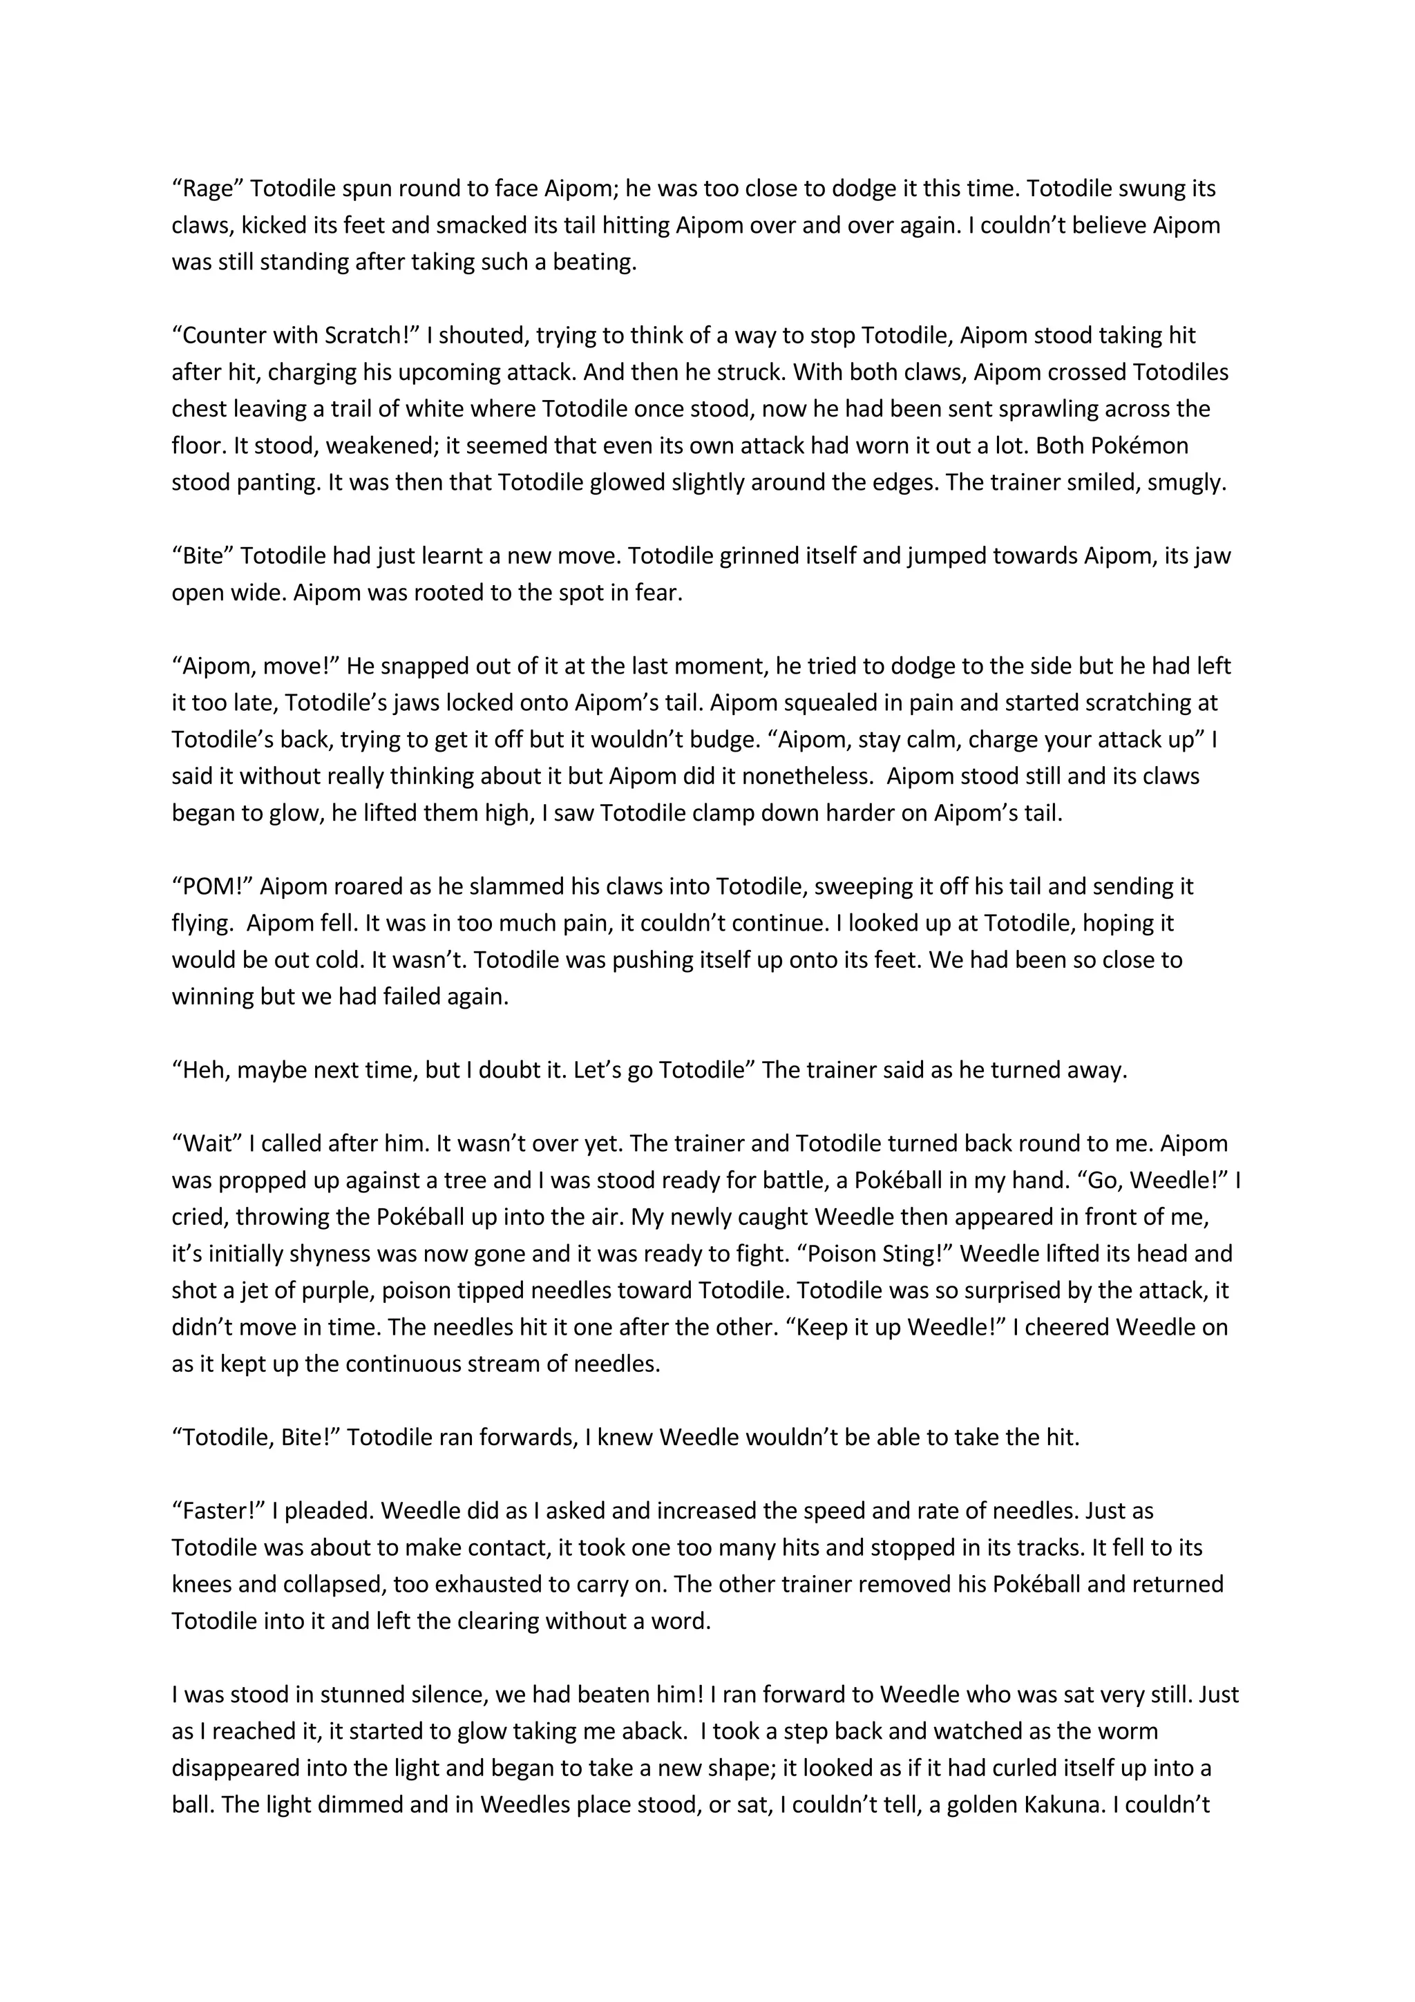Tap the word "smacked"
click(482, 226)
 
